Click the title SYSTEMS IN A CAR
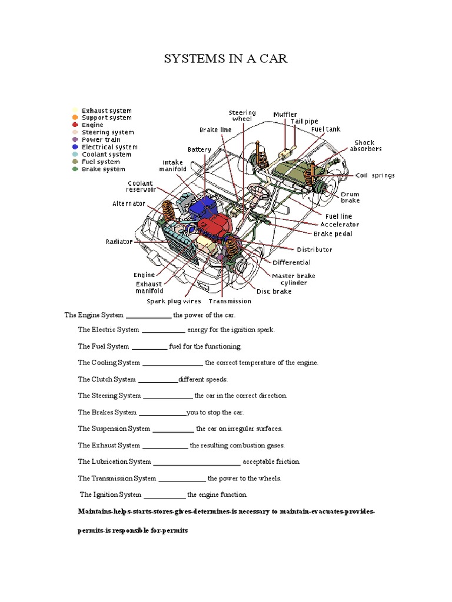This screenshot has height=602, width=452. [x=225, y=59]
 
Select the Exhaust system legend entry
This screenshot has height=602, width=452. [x=106, y=111]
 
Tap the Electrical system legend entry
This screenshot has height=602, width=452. [x=109, y=147]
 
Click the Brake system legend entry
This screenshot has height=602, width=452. [x=103, y=169]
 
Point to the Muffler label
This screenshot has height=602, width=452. [x=285, y=115]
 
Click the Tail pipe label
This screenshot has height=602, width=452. [x=304, y=122]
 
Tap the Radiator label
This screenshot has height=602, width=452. [x=119, y=242]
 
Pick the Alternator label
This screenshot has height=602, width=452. [x=129, y=204]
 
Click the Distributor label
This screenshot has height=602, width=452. [x=314, y=249]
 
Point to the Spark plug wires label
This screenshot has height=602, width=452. [x=174, y=302]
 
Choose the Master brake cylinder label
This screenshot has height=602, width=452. [x=293, y=279]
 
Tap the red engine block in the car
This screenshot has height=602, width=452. [x=214, y=226]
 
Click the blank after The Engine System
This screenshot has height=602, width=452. [x=148, y=316]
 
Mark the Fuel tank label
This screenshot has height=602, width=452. [x=325, y=129]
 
